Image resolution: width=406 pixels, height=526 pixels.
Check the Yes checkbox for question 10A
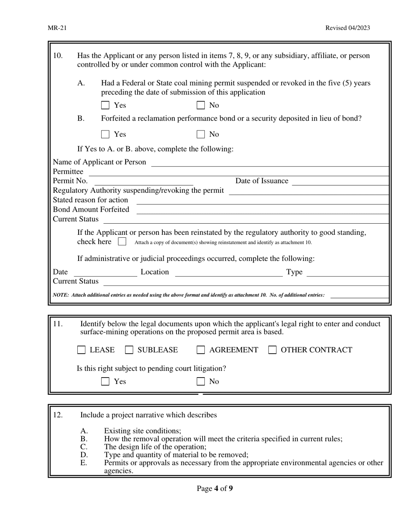(105, 105)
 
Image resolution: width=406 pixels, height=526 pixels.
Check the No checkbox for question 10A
(200, 105)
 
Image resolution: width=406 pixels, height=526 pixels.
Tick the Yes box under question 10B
(105, 134)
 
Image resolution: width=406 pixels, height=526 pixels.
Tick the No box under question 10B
(200, 134)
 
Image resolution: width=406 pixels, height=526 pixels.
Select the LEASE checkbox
(81, 350)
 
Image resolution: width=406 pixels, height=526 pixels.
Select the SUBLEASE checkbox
(129, 350)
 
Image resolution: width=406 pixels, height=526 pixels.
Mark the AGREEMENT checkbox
(200, 350)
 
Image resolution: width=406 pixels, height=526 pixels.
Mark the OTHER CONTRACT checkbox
(272, 350)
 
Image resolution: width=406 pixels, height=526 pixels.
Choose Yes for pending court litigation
(105, 381)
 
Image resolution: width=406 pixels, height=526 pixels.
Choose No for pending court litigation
(200, 381)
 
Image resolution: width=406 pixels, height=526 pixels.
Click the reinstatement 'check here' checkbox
(122, 242)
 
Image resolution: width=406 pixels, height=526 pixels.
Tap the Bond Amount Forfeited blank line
(262, 210)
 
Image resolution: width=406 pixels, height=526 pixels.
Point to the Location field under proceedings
(229, 272)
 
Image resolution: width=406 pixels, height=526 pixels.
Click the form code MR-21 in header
(57, 28)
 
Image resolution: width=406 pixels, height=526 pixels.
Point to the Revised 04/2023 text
(347, 28)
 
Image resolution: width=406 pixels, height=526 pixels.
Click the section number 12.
(58, 415)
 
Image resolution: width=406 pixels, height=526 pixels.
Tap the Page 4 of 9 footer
(215, 488)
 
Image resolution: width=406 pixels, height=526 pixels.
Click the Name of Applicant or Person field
(270, 162)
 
